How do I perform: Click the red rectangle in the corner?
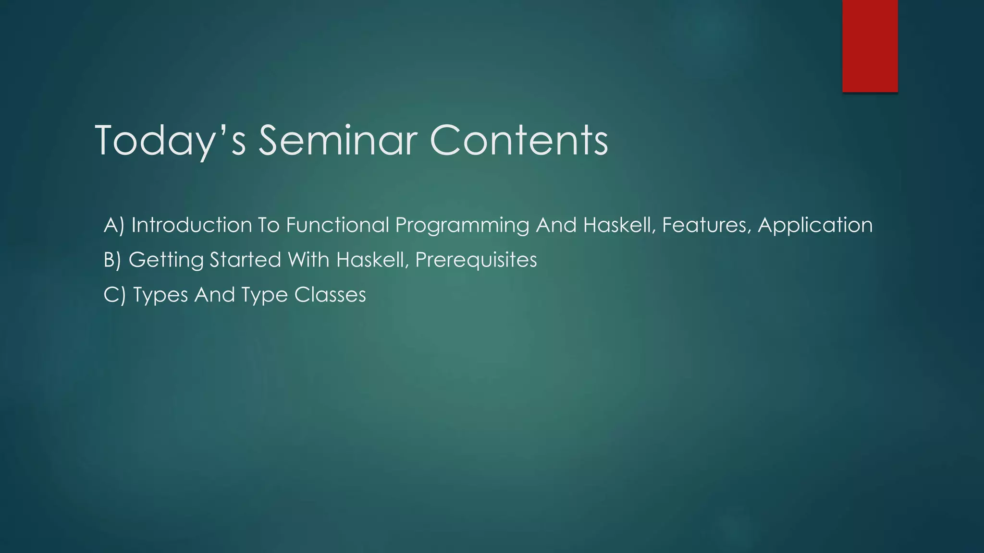click(870, 46)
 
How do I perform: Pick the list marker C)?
click(114, 295)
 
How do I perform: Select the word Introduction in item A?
click(191, 225)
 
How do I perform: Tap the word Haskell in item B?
click(372, 260)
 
